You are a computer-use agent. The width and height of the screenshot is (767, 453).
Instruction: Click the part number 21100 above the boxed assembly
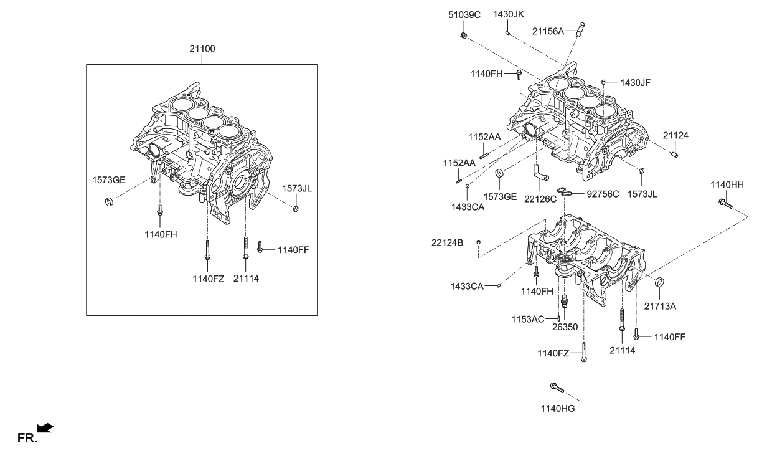203,48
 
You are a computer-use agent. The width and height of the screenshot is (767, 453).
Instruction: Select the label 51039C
464,14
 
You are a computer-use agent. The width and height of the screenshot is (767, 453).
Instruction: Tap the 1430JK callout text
509,14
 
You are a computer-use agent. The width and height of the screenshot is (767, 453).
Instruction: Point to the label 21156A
548,30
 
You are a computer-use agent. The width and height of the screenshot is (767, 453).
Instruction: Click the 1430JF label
635,81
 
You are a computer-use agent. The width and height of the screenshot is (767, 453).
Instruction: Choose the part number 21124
675,135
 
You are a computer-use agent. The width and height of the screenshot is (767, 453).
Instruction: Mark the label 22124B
447,242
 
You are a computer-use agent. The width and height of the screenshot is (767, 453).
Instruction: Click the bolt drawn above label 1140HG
556,388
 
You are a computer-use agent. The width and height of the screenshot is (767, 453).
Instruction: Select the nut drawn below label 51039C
463,34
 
